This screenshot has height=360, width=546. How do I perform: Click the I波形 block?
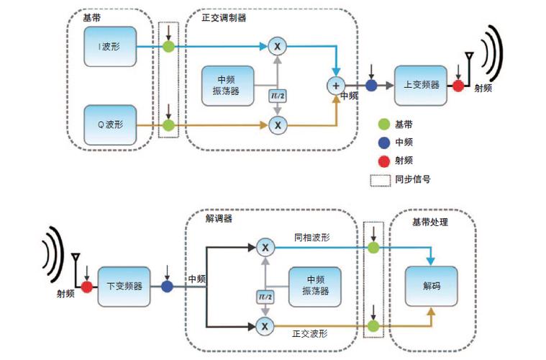tap(109, 48)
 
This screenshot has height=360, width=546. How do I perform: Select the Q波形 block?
tap(109, 125)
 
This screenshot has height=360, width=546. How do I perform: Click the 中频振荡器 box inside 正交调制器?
tap(227, 85)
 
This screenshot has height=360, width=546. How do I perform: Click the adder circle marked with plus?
tap(336, 85)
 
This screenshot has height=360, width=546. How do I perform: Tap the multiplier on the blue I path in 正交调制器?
tap(277, 46)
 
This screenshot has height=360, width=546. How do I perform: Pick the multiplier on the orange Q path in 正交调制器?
tap(277, 125)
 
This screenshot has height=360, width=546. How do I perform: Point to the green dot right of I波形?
tap(168, 47)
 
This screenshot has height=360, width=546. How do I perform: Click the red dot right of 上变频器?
tap(458, 86)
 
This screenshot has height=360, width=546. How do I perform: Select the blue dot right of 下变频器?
tap(167, 287)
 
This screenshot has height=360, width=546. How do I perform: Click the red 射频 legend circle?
tap(383, 161)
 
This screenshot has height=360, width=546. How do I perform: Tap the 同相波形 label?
tap(311, 237)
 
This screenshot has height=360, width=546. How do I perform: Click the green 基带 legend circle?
tap(383, 125)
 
